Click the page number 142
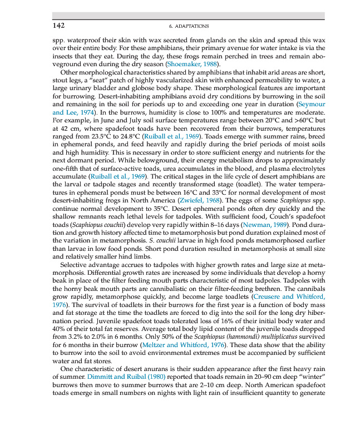point(58,26)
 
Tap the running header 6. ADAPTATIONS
point(188,26)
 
